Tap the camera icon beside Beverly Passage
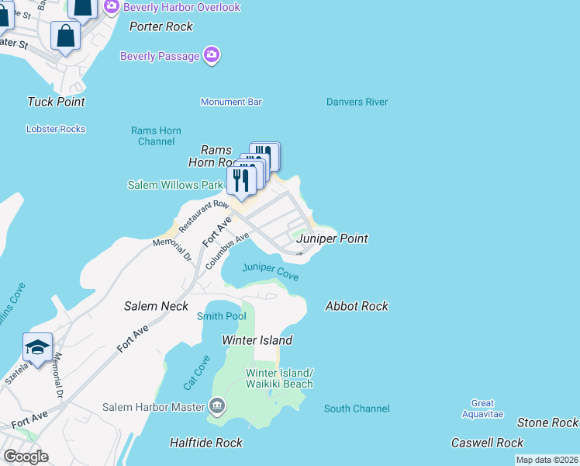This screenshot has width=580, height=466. click(212, 55)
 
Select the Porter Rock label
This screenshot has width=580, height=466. click(161, 26)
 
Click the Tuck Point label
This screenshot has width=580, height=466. click(56, 102)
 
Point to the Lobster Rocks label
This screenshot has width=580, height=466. click(56, 129)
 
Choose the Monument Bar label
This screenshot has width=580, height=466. click(231, 102)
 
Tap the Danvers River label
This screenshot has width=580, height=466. click(357, 102)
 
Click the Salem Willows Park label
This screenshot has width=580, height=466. click(174, 185)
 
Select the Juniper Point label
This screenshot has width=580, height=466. click(332, 238)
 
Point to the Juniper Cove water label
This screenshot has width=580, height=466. click(270, 271)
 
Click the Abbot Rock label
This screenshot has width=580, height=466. click(357, 306)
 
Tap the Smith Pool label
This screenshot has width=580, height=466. click(222, 316)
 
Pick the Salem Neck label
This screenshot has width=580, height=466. click(156, 306)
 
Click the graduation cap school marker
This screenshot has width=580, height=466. click(37, 347)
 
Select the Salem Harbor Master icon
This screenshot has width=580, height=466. click(216, 405)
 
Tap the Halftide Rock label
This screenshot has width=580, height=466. click(206, 443)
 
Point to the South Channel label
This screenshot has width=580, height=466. click(357, 409)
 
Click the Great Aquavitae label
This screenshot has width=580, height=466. click(482, 409)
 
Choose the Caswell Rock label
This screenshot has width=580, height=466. click(488, 443)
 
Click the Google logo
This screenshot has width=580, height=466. click(26, 457)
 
